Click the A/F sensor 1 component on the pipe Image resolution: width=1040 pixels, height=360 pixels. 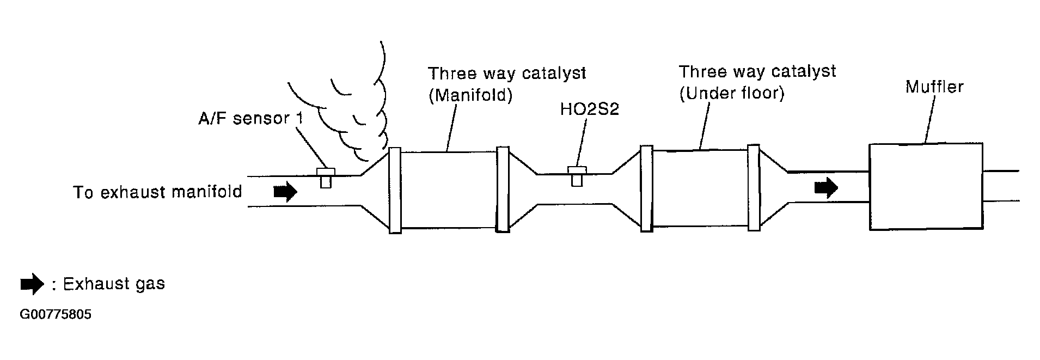326,177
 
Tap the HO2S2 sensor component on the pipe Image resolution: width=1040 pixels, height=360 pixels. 577,175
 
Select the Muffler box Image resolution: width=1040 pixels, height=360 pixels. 926,186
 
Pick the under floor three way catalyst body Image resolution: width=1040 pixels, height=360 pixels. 700,188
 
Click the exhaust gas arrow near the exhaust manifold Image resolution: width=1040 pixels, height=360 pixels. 285,192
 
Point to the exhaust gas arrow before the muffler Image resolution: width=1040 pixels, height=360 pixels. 826,187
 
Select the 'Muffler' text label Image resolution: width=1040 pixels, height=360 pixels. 934,87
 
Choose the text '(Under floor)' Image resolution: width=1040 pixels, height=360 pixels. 732,94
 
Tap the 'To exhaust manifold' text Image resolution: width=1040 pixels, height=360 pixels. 157,192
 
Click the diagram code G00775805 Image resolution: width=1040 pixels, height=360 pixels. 55,315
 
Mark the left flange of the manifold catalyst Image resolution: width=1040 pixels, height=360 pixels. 395,190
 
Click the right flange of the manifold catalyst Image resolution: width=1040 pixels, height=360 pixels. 503,190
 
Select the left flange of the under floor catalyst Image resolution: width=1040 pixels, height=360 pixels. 646,188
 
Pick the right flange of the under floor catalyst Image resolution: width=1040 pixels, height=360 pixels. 754,188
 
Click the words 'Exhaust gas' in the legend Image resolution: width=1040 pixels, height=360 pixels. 114,284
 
